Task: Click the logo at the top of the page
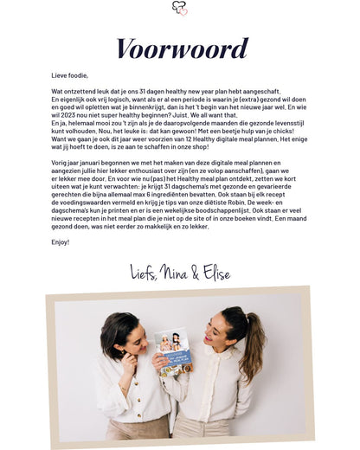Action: click(179, 8)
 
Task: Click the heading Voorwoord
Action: click(180, 48)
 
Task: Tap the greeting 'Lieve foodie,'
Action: click(70, 75)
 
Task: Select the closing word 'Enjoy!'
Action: click(60, 242)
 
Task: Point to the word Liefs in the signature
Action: click(144, 273)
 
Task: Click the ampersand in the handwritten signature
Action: click(196, 274)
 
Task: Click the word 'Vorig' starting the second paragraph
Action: click(59, 162)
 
